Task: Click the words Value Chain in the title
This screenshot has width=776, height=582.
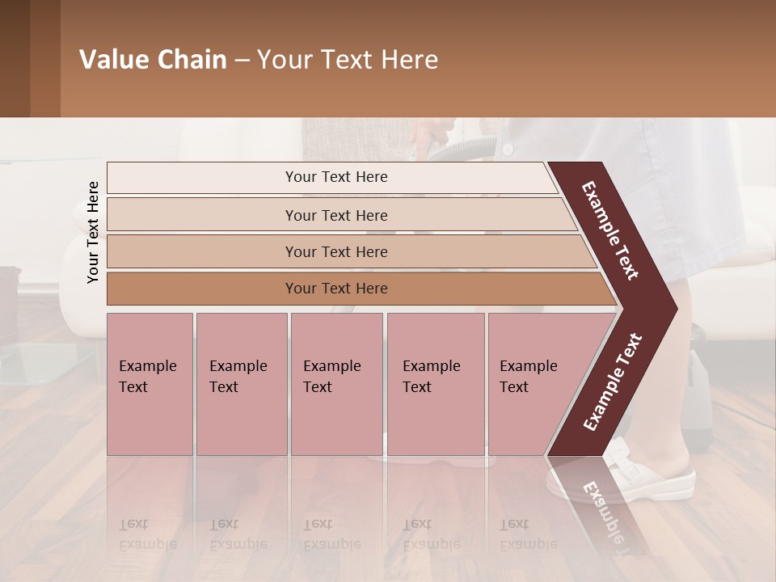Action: coord(153,60)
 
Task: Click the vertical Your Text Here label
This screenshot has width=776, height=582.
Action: coord(93,232)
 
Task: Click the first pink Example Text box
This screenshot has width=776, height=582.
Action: coord(150,384)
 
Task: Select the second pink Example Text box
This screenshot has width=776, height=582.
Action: coord(241,384)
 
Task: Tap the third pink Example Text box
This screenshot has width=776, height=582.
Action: coord(336,384)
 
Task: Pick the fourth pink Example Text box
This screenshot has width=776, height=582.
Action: coord(435,384)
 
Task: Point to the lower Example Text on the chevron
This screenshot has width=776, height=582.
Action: coord(612,382)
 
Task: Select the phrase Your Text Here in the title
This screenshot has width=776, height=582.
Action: coord(348,60)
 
